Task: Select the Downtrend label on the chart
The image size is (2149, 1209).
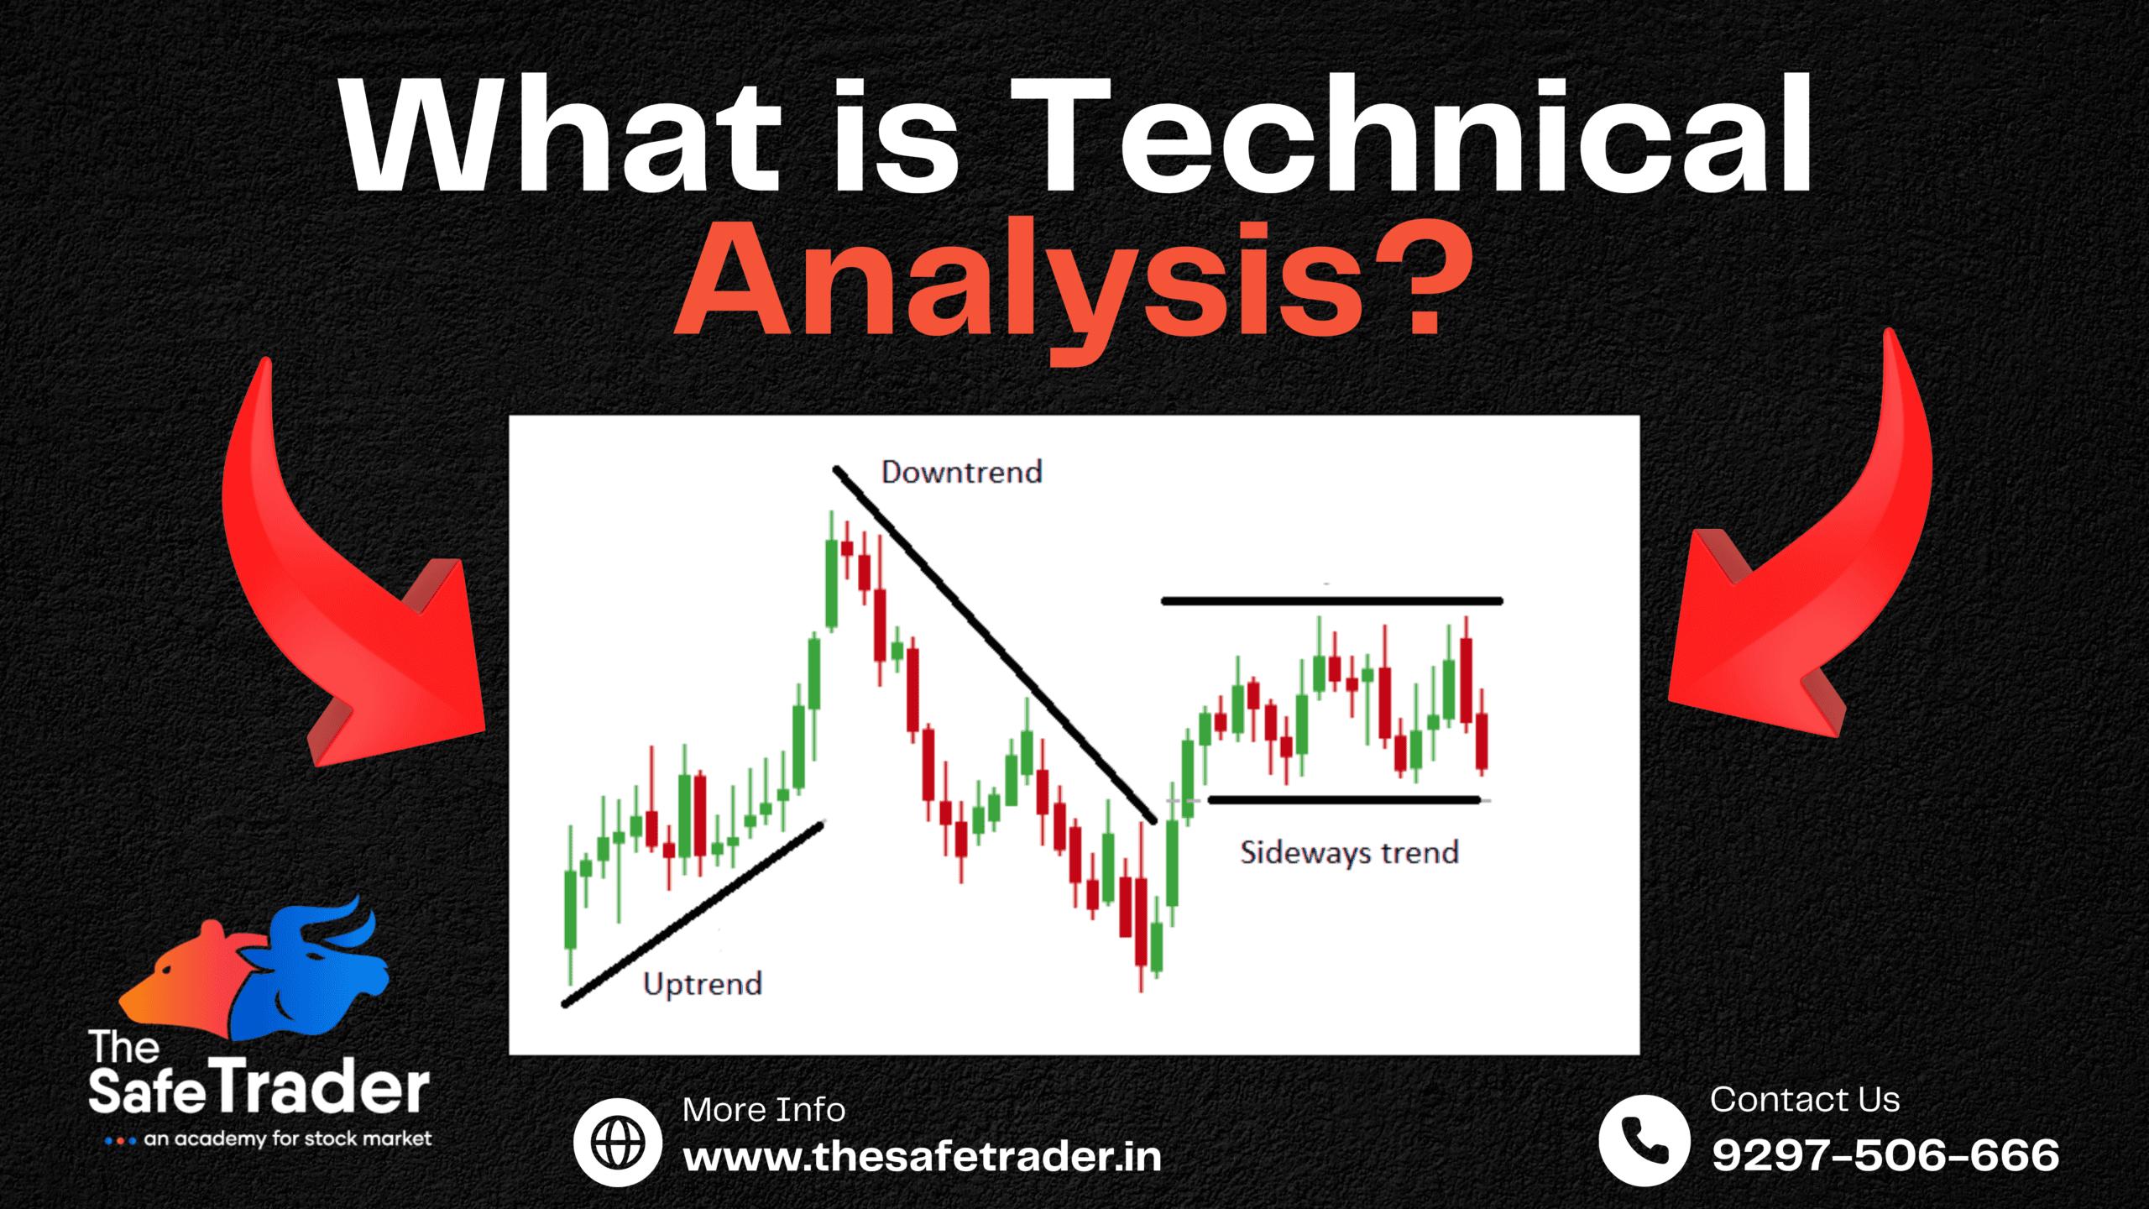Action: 962,473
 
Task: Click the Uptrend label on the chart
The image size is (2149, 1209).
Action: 703,984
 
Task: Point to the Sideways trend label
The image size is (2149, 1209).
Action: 1350,853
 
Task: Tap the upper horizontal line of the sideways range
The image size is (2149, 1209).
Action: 1331,601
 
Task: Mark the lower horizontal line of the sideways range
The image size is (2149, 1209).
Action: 1343,800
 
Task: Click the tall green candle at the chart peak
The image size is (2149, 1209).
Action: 831,584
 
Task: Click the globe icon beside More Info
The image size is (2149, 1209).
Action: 618,1142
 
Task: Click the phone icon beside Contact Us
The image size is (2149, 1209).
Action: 1644,1139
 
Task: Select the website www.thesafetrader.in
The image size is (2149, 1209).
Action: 922,1158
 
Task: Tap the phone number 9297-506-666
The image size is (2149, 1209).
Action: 1885,1155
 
